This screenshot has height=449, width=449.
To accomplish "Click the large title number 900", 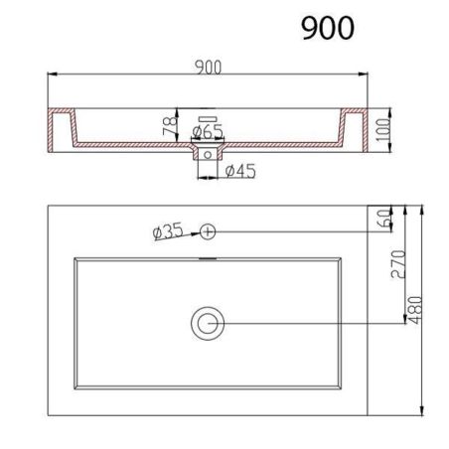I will pos(327,28).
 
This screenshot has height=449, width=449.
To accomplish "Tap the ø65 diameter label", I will pos(207,130).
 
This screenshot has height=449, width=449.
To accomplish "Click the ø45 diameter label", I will pos(240,172).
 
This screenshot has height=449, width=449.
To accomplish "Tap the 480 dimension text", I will pos(424,310).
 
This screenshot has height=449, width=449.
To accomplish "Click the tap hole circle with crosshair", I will pos(208,230).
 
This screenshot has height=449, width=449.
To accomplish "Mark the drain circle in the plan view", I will pos(209,322).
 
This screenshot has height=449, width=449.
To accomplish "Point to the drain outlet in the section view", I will pos(208,154).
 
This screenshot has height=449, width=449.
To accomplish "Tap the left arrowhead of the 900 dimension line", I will pos(52,75).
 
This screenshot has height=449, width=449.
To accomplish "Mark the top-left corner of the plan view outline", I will pos(49,206).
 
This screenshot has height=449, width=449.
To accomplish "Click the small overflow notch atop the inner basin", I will pos(208,259).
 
